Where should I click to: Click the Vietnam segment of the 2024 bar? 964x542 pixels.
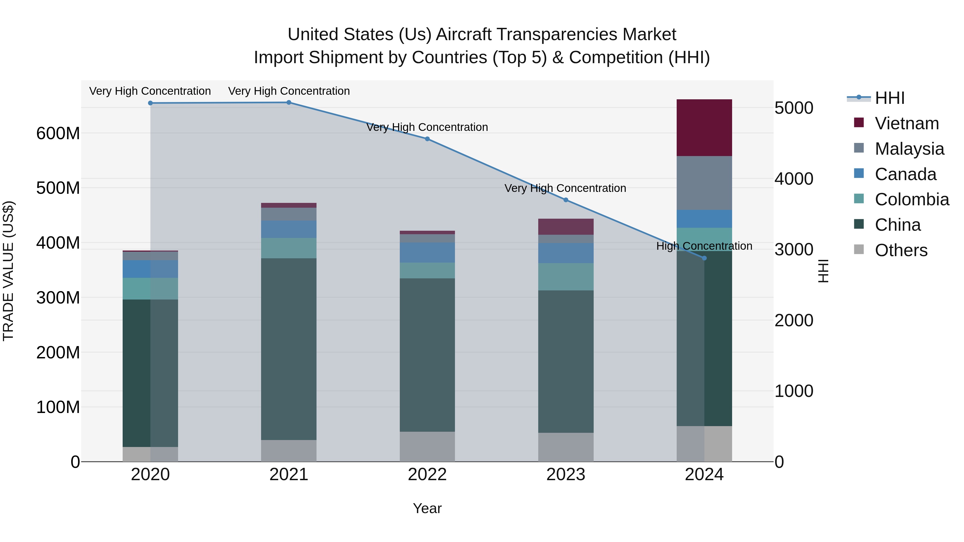(704, 128)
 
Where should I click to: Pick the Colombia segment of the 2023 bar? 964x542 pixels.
(566, 276)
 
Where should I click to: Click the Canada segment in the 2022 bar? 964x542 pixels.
(427, 252)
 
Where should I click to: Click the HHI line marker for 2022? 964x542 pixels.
(427, 139)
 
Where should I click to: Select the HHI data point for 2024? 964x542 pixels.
(704, 258)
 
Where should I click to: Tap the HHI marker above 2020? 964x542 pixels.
(150, 103)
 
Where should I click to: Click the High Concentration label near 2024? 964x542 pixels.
(704, 246)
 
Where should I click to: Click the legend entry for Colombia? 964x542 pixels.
(912, 199)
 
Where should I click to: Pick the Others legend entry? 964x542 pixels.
(901, 250)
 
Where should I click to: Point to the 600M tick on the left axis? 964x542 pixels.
(58, 133)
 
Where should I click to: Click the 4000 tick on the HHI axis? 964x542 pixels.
(793, 179)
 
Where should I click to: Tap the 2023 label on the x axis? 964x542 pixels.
(566, 474)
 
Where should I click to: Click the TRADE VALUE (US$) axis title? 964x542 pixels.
(8, 271)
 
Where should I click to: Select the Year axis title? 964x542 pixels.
(427, 508)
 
